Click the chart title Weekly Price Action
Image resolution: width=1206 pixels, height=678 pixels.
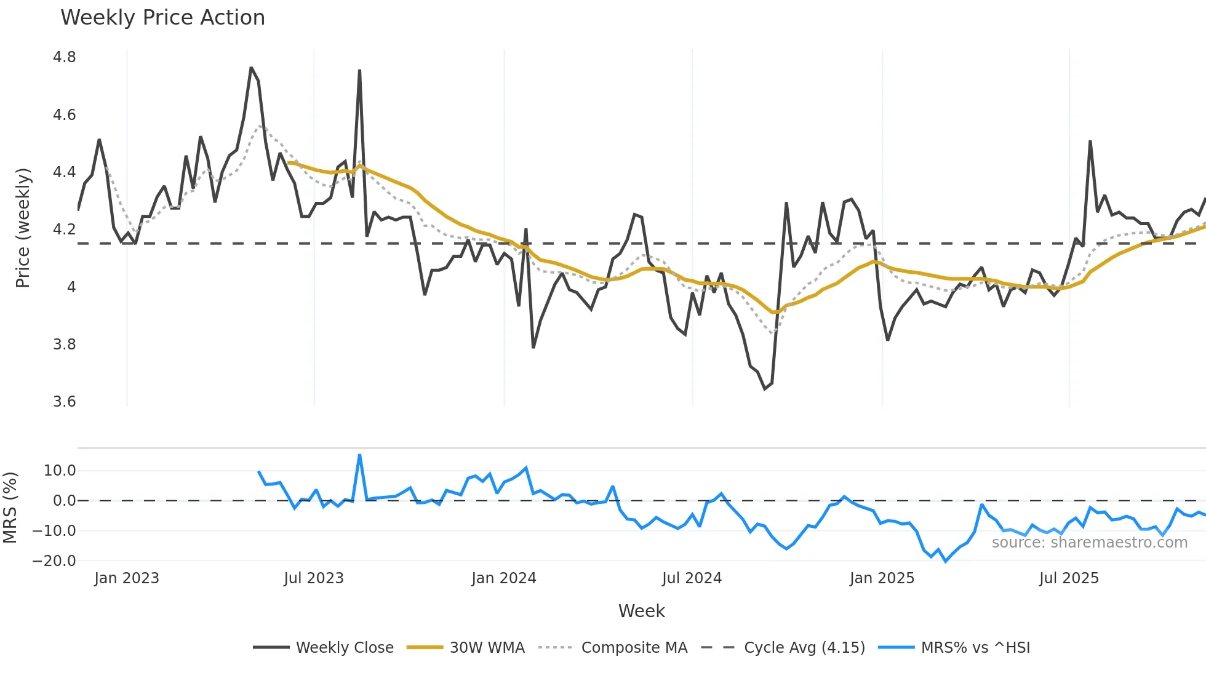coord(162,17)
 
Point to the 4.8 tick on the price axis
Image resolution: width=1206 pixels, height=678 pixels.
coord(64,57)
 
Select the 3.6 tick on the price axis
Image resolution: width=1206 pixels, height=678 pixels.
coord(64,402)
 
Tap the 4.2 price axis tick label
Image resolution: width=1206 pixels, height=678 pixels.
coord(64,229)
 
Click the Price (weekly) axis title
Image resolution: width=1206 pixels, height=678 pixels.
coord(23,228)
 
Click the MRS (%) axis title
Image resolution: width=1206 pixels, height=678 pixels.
coord(10,508)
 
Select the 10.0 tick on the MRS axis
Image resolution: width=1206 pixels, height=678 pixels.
coord(60,471)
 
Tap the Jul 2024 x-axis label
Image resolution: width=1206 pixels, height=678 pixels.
coord(692,578)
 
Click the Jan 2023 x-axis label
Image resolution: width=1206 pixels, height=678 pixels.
coord(126,578)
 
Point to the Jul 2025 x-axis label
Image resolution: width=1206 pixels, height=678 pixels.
coord(1069,578)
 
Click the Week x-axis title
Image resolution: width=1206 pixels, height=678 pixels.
coord(641,611)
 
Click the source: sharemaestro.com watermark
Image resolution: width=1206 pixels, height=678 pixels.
coord(1089,543)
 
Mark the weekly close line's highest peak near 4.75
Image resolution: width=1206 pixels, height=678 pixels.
coord(251,68)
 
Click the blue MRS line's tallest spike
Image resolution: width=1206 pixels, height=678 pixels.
coord(359,455)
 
